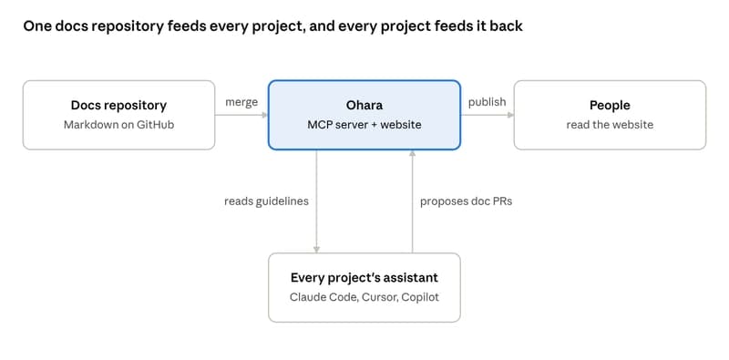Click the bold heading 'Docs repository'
(x=118, y=106)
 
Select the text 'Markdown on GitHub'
(x=119, y=125)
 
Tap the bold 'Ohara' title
(x=364, y=105)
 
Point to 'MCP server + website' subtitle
(x=364, y=125)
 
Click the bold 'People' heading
(x=610, y=106)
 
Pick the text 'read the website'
(x=610, y=125)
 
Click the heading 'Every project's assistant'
(x=364, y=278)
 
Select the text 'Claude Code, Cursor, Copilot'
(x=364, y=297)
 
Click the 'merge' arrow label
(x=241, y=102)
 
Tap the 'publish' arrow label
(x=488, y=102)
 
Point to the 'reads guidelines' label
(x=266, y=201)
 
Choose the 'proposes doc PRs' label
(x=467, y=201)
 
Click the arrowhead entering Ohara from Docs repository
(x=265, y=115)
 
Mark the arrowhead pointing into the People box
(x=511, y=115)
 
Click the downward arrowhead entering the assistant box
(x=316, y=251)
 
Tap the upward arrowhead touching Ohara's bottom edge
(x=412, y=153)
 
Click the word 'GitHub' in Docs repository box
(x=156, y=125)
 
